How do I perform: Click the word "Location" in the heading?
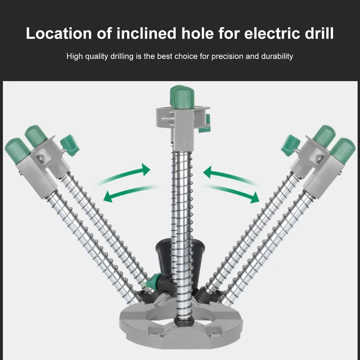click(59, 33)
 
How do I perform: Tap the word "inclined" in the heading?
click(146, 33)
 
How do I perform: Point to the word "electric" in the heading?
click(272, 33)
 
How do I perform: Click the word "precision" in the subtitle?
click(227, 56)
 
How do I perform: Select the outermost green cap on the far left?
click(17, 150)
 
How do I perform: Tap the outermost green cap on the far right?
click(343, 150)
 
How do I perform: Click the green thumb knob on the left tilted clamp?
click(70, 145)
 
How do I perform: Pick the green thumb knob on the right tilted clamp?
click(290, 145)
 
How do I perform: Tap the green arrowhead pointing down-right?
click(254, 198)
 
